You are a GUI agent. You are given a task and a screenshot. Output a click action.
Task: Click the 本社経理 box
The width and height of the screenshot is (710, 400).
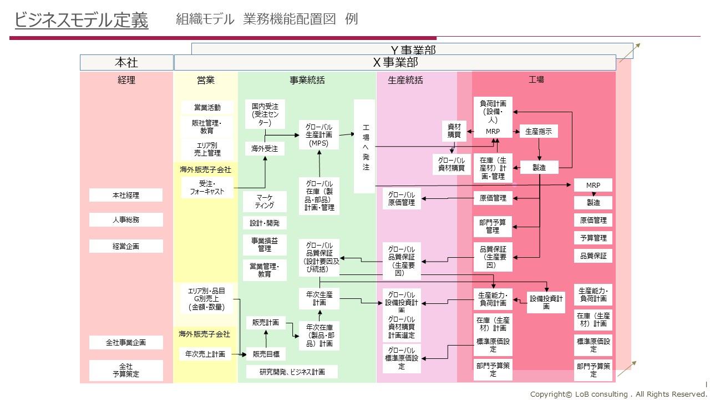point(126,195)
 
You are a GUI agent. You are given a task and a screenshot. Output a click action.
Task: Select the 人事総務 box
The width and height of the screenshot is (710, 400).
point(126,219)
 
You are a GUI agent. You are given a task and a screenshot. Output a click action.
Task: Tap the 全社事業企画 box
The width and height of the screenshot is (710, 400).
point(126,343)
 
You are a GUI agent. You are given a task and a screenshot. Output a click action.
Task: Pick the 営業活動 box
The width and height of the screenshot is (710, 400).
point(207,107)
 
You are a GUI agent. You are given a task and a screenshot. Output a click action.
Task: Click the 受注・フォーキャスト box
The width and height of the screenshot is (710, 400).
point(207,188)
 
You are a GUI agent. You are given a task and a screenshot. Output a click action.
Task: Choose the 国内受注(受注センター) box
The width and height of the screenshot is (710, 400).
point(265,114)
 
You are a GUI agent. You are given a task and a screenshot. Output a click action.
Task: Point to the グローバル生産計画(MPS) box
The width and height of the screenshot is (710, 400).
point(319,135)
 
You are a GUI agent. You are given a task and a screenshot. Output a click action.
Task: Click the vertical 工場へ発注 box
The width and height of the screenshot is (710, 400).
point(364,146)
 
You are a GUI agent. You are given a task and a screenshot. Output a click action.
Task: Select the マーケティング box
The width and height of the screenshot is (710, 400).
point(265,201)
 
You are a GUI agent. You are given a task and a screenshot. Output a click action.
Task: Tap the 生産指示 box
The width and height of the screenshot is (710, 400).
point(539,131)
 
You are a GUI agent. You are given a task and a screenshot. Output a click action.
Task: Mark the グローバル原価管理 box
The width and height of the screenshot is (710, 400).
point(402,198)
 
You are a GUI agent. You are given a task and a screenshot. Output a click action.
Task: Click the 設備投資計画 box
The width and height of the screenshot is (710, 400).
point(546,303)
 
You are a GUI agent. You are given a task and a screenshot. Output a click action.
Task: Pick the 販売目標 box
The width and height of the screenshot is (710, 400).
point(266,354)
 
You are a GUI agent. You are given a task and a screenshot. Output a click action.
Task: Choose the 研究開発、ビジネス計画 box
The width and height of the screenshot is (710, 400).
point(292,372)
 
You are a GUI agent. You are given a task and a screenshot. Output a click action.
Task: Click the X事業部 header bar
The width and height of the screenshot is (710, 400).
point(395,63)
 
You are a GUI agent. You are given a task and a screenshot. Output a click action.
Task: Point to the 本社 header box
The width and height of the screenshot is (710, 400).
point(126,63)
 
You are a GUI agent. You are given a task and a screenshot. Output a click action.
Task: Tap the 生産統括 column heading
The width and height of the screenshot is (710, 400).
point(405,80)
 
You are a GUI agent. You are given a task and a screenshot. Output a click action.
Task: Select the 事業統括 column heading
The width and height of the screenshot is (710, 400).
point(307,80)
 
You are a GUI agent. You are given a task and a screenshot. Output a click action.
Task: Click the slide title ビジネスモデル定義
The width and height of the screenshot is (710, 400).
point(82,20)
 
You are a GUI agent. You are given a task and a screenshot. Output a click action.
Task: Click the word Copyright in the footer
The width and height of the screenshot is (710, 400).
point(549,394)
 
